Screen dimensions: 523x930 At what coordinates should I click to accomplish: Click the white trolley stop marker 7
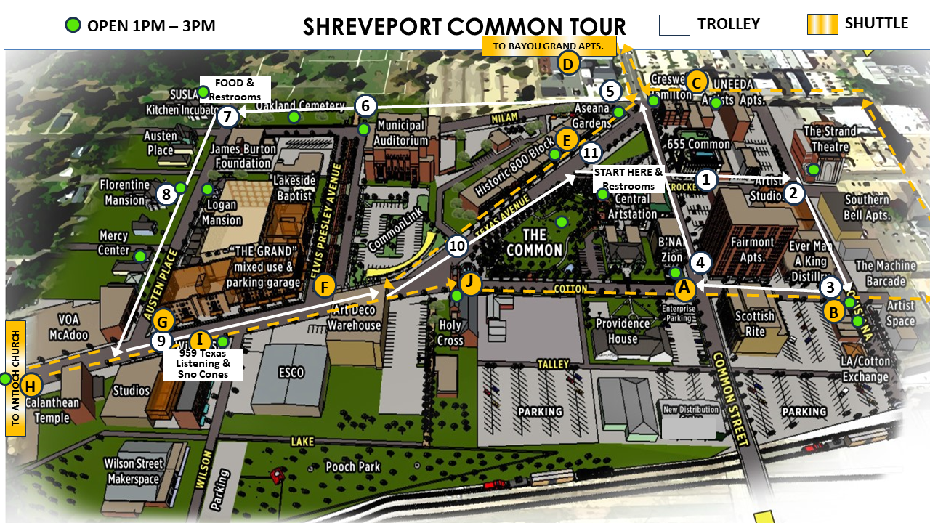[x=228, y=116]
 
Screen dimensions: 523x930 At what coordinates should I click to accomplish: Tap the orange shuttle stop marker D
[x=568, y=63]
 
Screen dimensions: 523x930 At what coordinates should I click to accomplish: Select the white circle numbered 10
[x=457, y=246]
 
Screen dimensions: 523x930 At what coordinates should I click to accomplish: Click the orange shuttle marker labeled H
[x=31, y=386]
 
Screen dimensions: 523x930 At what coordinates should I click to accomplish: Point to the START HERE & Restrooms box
[x=628, y=179]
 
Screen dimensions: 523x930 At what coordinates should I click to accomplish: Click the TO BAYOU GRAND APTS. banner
[x=549, y=46]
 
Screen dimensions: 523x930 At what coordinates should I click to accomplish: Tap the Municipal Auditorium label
[x=402, y=133]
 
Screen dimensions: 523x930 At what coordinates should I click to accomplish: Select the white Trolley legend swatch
[x=674, y=24]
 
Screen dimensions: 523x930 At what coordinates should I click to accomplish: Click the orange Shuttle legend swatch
[x=822, y=24]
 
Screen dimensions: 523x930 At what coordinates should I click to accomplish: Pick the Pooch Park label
[x=352, y=466]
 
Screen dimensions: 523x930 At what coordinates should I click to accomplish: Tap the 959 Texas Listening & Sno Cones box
[x=204, y=363]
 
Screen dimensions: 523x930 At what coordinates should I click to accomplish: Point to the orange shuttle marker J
[x=471, y=282]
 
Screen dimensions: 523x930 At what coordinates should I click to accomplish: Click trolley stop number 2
[x=793, y=193]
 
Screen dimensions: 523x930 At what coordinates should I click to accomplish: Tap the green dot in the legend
[x=72, y=25]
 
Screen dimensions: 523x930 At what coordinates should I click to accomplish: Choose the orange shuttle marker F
[x=325, y=286]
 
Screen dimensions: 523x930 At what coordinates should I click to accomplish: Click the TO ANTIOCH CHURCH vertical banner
[x=15, y=378]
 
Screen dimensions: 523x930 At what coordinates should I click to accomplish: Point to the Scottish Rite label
[x=755, y=324]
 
